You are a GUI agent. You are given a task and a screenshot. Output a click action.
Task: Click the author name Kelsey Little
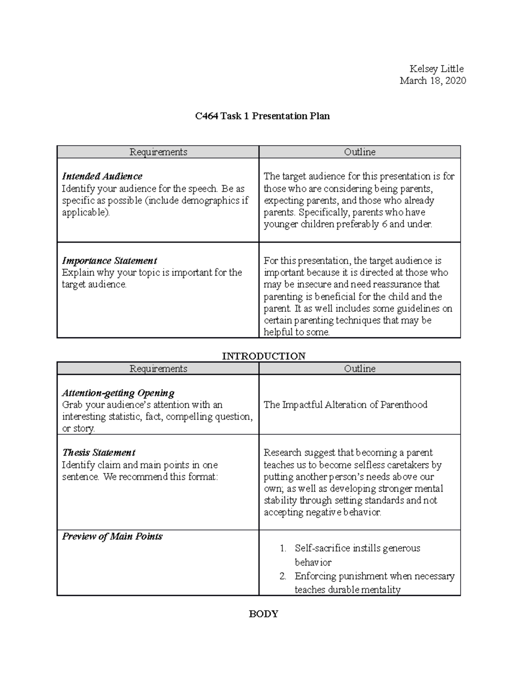(x=436, y=69)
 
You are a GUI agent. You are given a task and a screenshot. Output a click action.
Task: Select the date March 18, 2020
(x=433, y=80)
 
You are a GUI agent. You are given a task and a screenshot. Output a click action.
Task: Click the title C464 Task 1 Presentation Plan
(x=262, y=116)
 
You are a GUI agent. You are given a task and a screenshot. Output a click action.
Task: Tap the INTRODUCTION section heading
(x=263, y=356)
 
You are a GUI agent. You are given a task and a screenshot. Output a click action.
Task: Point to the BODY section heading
(x=263, y=614)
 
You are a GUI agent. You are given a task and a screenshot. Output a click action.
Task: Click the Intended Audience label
(x=102, y=176)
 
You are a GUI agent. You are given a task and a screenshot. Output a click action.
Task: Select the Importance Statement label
(x=109, y=261)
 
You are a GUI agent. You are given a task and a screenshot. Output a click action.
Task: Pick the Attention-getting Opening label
(x=118, y=393)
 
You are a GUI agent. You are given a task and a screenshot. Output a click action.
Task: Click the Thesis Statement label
(x=99, y=453)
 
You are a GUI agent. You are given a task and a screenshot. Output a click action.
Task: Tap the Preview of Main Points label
(x=112, y=537)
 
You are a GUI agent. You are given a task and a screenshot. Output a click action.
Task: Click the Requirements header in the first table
(x=158, y=152)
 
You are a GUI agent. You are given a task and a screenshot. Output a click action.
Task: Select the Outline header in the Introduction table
(x=359, y=369)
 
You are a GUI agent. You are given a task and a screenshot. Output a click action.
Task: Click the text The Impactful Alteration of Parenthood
(x=345, y=405)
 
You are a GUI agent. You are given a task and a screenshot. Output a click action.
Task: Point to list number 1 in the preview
(x=283, y=548)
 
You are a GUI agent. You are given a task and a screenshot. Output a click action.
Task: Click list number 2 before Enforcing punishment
(x=283, y=576)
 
